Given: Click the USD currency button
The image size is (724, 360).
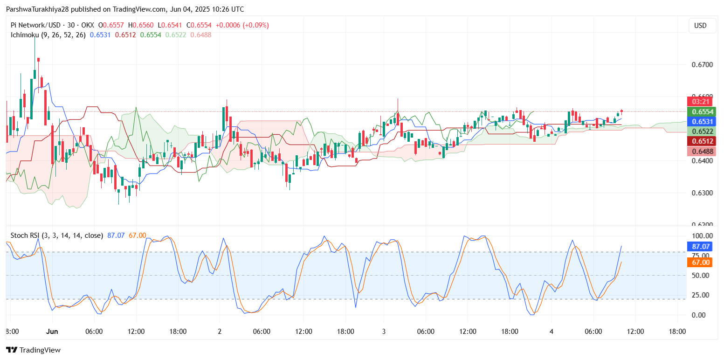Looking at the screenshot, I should pyautogui.click(x=700, y=26).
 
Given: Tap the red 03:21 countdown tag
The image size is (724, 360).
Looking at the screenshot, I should pyautogui.click(x=700, y=102).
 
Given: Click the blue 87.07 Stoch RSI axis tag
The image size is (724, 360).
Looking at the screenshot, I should pyautogui.click(x=700, y=246).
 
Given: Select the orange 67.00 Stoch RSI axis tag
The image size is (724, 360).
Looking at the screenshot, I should pyautogui.click(x=700, y=263).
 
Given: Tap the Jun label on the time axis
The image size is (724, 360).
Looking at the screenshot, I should pyautogui.click(x=52, y=332).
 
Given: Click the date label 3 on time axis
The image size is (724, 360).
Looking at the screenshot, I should pyautogui.click(x=384, y=332).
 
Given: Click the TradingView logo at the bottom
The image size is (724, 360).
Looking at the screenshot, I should pyautogui.click(x=33, y=350).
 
